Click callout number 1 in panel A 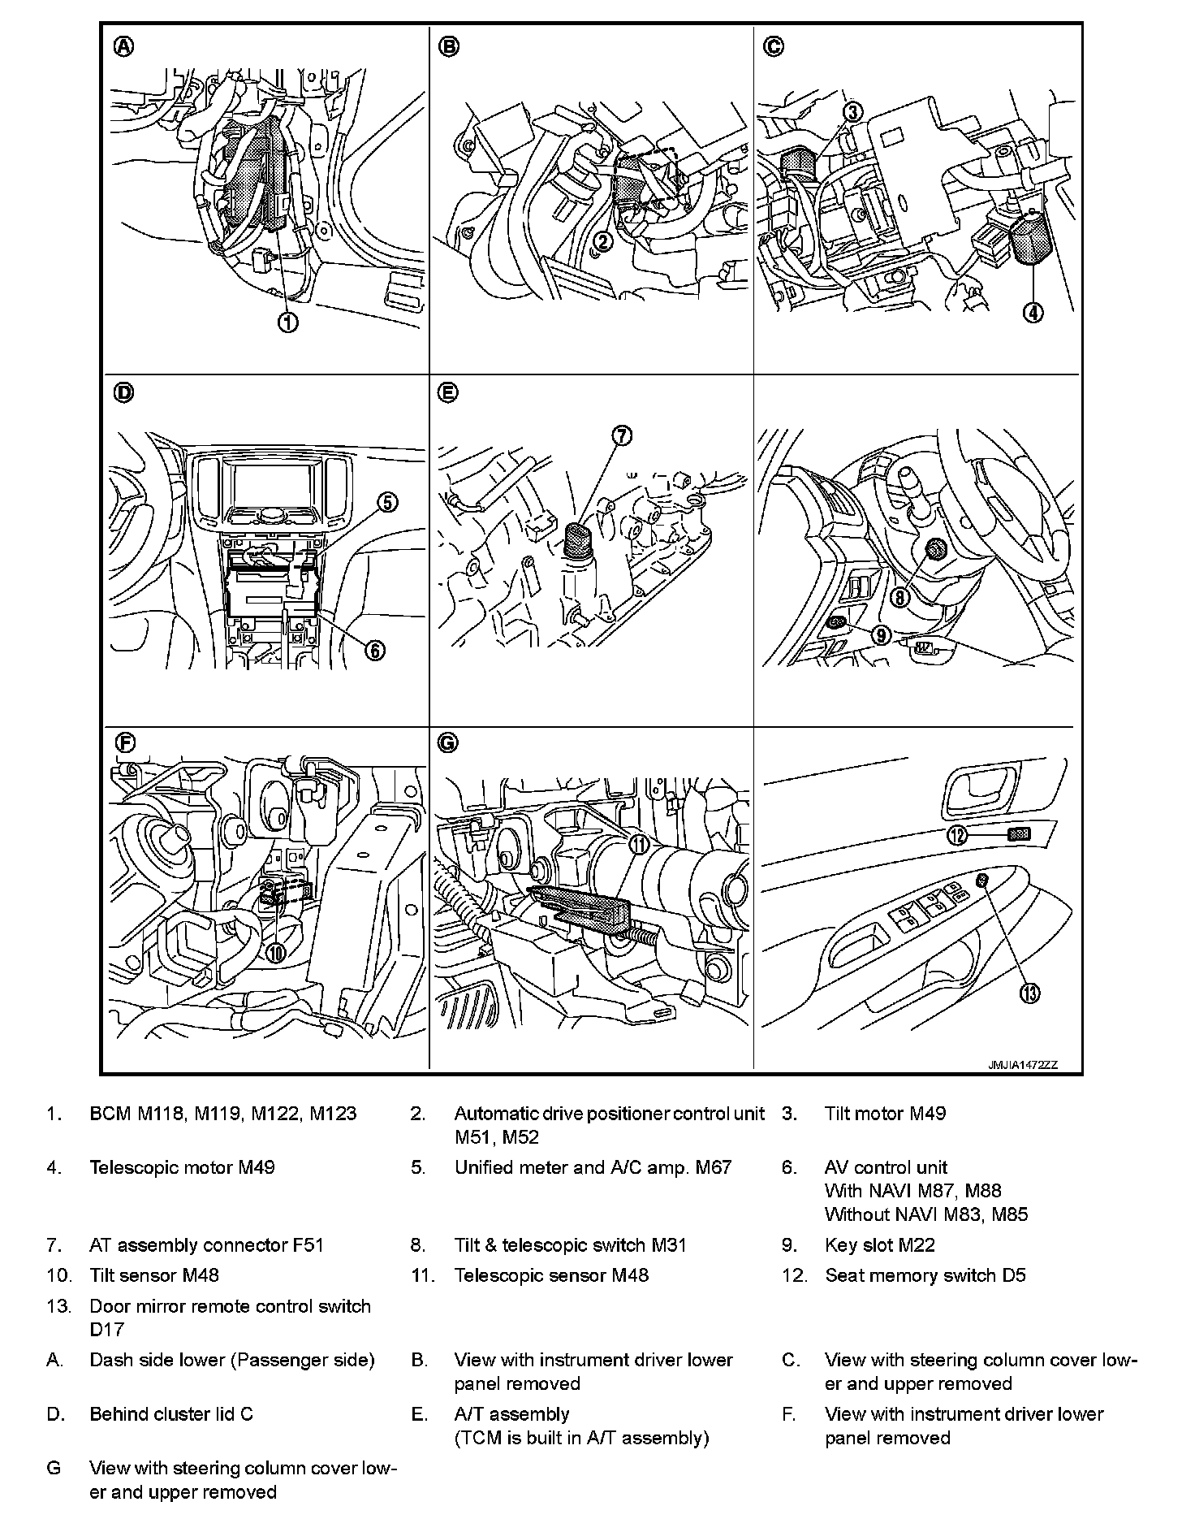288,322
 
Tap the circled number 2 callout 602,240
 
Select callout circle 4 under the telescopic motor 1033,312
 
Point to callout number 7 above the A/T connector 621,435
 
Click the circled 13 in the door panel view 1029,993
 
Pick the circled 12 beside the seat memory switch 959,834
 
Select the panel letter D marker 123,393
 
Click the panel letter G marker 447,742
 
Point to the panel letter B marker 448,47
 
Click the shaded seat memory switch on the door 1019,833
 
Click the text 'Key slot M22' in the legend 880,1244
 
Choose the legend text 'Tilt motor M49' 885,1113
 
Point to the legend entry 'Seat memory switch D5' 925,1275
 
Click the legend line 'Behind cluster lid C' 171,1413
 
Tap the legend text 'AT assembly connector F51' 206,1244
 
